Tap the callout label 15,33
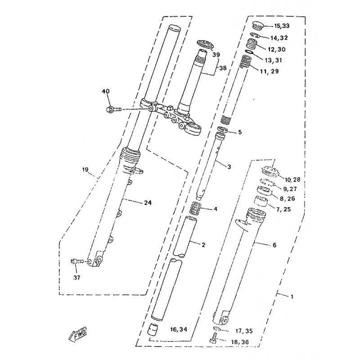(x=282, y=26)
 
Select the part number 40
(x=106, y=91)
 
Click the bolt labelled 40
(x=113, y=109)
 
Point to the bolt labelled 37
(x=77, y=261)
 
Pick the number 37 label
(x=76, y=278)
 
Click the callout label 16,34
(x=179, y=329)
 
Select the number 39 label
(x=216, y=54)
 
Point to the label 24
(x=148, y=203)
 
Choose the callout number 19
(x=85, y=170)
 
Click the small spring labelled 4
(x=196, y=208)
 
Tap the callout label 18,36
(x=240, y=342)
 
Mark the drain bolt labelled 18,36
(x=213, y=337)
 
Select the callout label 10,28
(x=292, y=180)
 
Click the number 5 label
(x=240, y=132)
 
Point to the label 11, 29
(x=269, y=72)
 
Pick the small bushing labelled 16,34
(x=153, y=329)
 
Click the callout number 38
(x=223, y=68)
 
